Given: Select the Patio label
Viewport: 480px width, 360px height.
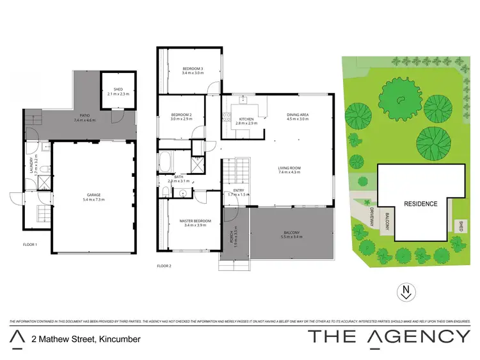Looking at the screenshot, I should (84, 119).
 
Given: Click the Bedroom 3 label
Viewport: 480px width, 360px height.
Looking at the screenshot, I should (193, 70).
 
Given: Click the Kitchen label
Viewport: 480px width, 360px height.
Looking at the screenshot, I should (246, 120).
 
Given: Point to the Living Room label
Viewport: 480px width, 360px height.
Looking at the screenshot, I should (289, 170).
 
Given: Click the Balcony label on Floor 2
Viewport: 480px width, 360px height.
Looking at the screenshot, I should (289, 234).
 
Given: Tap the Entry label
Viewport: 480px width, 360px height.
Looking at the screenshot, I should (239, 192).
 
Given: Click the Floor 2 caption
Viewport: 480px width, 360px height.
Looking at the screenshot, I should (165, 266).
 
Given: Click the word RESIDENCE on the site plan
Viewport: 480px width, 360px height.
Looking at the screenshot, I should (420, 204).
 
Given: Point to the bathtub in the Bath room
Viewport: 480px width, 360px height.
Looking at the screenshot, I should (165, 163).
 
